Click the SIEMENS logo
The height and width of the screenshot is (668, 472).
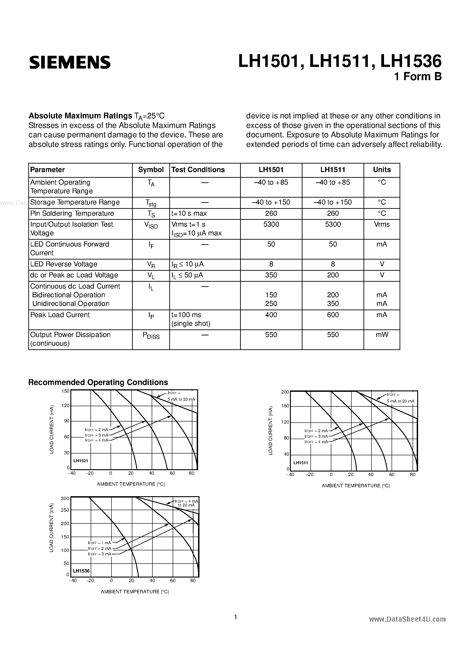click(70, 62)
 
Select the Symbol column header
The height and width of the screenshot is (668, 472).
click(151, 170)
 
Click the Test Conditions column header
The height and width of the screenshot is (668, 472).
click(198, 170)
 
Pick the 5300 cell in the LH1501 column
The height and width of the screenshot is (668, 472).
click(271, 224)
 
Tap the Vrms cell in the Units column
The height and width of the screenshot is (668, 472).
click(382, 224)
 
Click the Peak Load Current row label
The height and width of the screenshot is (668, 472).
click(60, 315)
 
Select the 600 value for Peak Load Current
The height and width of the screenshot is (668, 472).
click(333, 315)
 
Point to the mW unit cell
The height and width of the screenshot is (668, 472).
click(382, 335)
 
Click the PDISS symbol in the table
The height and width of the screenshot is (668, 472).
click(151, 335)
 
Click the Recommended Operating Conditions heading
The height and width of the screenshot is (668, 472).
click(98, 382)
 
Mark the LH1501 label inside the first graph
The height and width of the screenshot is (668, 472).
click(81, 461)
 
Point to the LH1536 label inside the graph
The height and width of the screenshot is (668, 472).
click(81, 571)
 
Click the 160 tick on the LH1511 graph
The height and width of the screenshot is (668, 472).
click(285, 406)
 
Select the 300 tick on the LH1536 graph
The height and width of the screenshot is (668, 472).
click(65, 498)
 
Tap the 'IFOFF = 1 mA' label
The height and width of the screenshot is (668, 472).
click(100, 543)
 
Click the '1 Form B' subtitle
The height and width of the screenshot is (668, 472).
click(418, 77)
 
